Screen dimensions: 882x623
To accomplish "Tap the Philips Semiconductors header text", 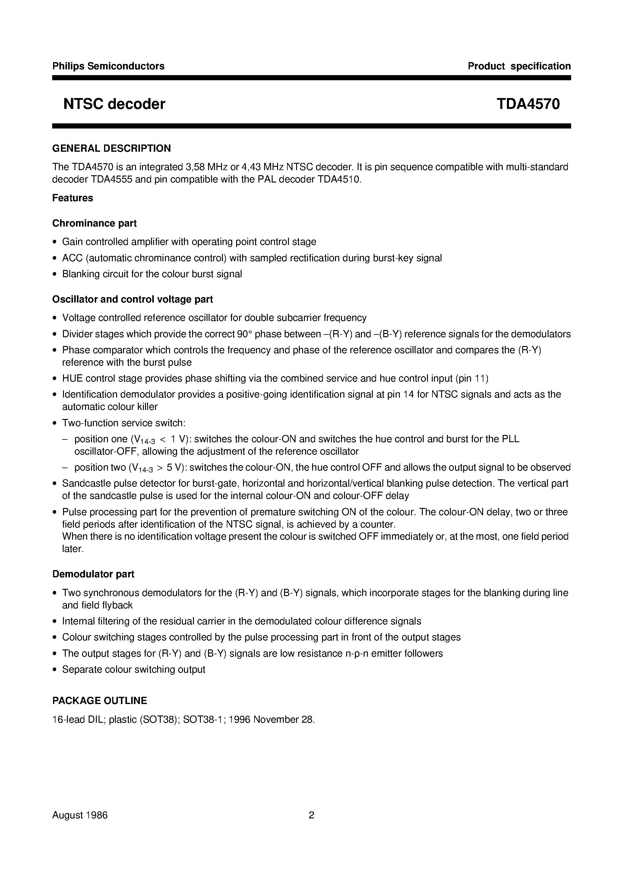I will pos(108,66).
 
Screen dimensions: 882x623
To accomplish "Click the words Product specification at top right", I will pos(519,66).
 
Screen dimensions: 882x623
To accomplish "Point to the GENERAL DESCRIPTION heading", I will pos(111,148).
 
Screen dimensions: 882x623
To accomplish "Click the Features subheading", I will pos(73,198).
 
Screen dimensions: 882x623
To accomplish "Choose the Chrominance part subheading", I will pos(94,223).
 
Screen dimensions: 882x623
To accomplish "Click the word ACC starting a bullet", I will pos(72,258).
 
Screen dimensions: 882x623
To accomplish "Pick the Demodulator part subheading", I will pos(93,574).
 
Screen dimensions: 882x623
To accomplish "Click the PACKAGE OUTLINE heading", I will pos(100,701).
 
